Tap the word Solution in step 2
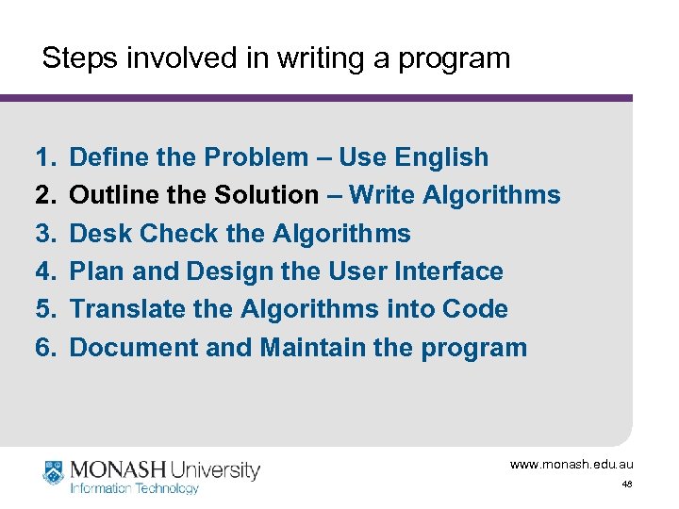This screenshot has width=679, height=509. [x=267, y=195]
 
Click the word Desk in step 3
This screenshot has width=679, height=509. [x=98, y=234]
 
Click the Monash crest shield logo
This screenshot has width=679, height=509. [x=55, y=471]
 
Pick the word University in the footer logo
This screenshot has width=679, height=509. [x=215, y=469]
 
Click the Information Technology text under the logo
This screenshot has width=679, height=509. [x=135, y=488]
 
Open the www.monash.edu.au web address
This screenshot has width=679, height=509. [x=571, y=465]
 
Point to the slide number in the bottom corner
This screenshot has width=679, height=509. [x=626, y=484]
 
